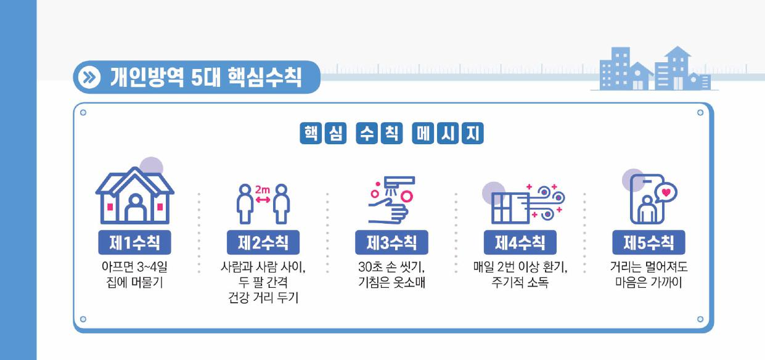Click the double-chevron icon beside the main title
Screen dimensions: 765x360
(x=91, y=78)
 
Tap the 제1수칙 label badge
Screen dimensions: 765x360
(x=134, y=243)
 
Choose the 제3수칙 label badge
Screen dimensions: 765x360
(x=391, y=243)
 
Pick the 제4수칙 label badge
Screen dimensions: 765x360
(x=520, y=243)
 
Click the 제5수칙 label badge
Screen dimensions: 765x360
(x=648, y=243)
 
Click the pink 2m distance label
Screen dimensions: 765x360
(x=263, y=190)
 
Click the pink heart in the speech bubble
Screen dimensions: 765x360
(x=665, y=192)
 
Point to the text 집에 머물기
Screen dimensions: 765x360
(x=134, y=284)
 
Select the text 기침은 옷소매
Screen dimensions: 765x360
(x=391, y=284)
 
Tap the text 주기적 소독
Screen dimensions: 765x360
(x=520, y=284)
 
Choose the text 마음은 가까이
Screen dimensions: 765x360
(x=648, y=284)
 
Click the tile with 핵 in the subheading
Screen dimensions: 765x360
(x=309, y=133)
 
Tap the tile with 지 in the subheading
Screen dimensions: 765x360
(x=473, y=133)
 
